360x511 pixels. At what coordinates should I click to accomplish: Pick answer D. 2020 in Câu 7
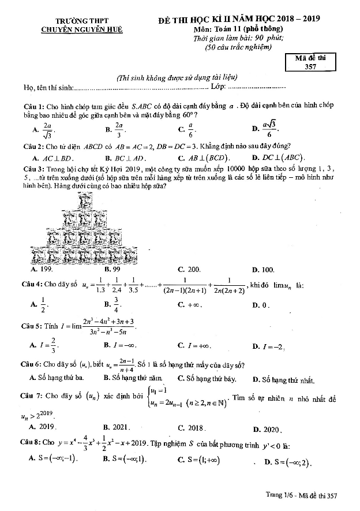click(x=267, y=429)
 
